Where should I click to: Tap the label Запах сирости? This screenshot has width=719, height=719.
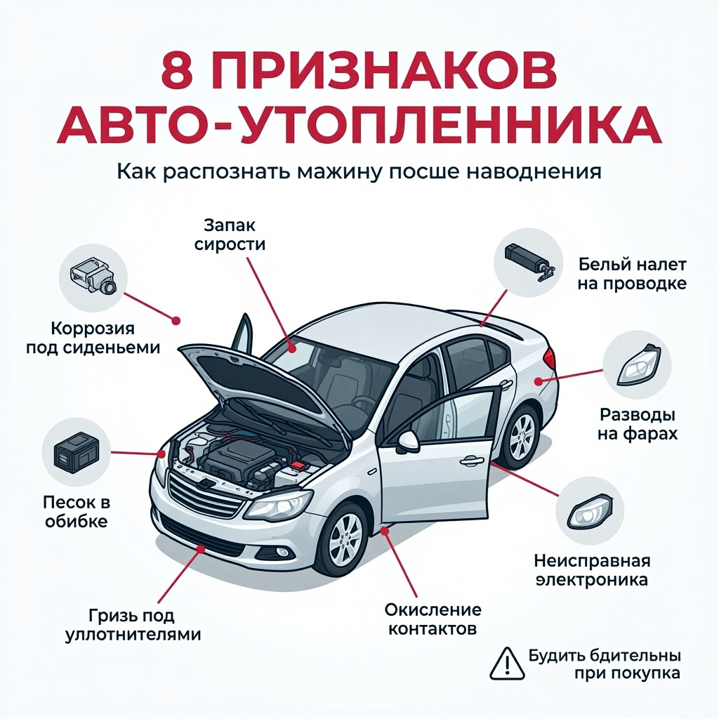tap(230, 235)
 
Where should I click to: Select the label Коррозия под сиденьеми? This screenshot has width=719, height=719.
tap(93, 338)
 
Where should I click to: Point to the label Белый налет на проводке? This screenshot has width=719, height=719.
tap(632, 274)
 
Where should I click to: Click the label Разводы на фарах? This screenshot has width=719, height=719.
tap(638, 424)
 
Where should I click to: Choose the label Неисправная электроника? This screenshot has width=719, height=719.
tap(592, 569)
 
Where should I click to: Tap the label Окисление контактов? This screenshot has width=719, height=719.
tap(433, 619)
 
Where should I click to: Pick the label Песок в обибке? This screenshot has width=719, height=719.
tap(77, 511)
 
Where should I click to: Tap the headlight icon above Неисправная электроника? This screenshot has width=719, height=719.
tap(590, 511)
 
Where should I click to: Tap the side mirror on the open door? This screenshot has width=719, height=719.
tap(408, 441)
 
